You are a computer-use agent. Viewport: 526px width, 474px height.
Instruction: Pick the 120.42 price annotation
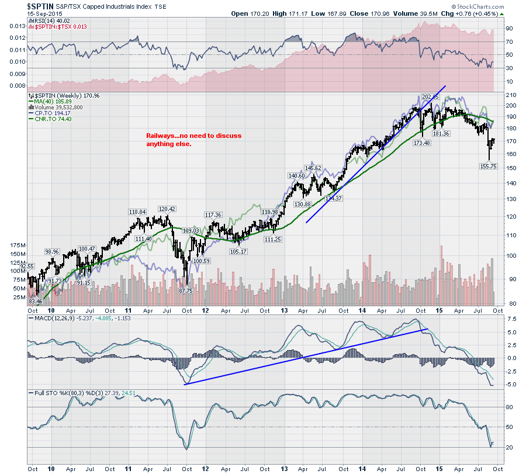(167, 209)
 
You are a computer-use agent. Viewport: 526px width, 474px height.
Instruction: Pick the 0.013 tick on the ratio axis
(18, 26)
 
